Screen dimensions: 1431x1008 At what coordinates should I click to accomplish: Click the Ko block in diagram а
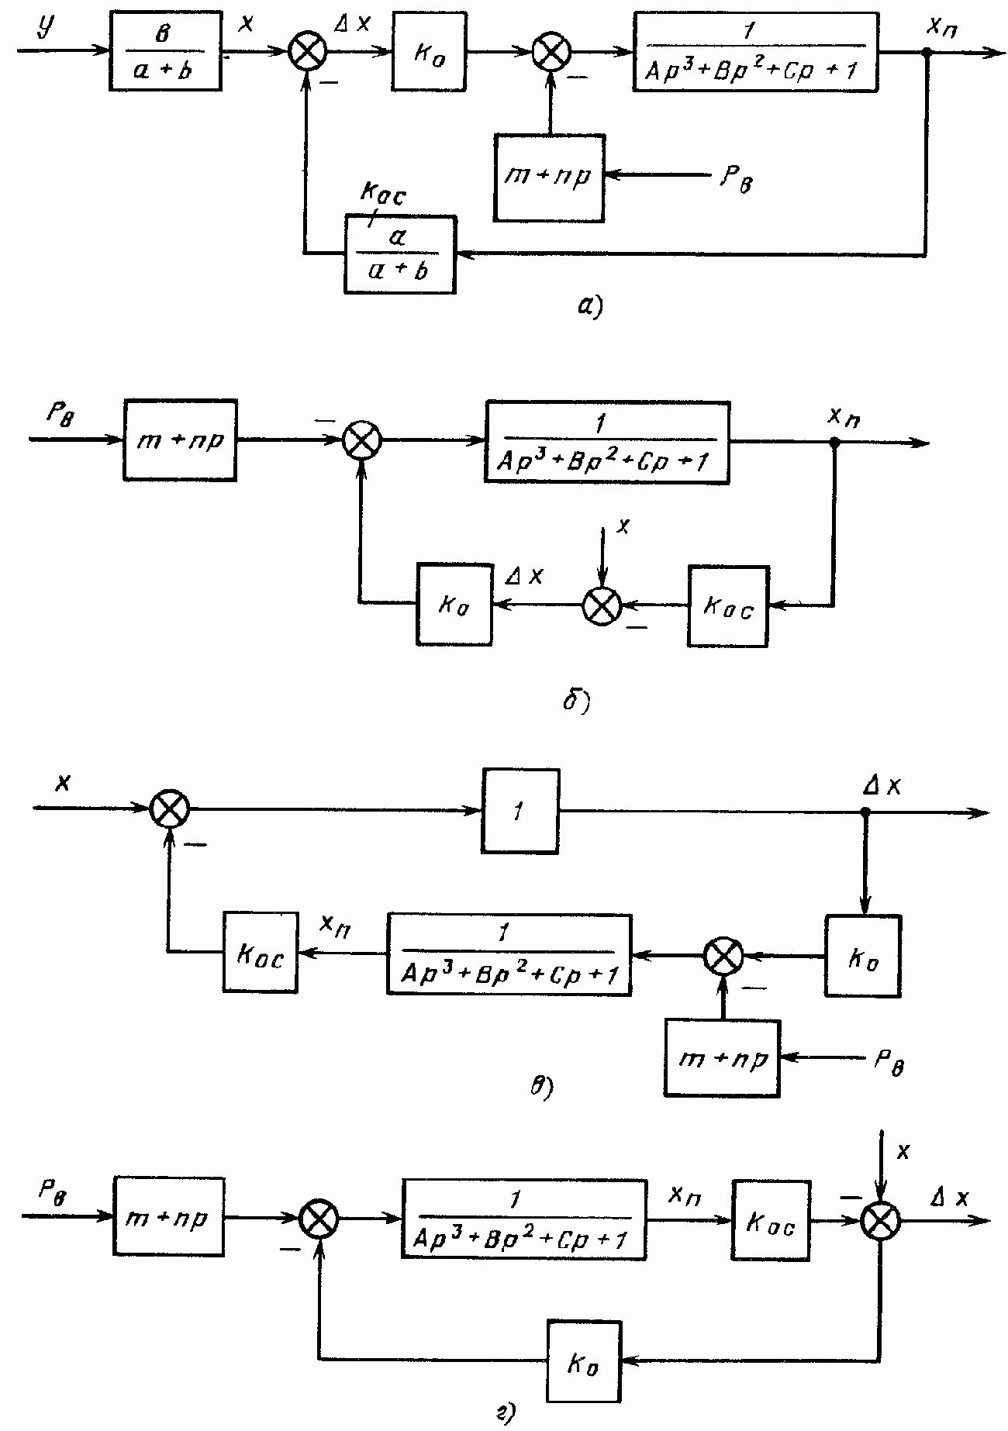tap(429, 51)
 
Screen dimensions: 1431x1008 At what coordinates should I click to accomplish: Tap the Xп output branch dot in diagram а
tap(924, 53)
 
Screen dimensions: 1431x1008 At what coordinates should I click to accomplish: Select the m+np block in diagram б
tap(179, 440)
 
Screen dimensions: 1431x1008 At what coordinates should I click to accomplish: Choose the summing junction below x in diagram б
tap(602, 605)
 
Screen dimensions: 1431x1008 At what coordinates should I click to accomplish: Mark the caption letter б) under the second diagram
tap(575, 704)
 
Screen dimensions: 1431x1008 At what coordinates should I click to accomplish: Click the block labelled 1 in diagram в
tap(520, 812)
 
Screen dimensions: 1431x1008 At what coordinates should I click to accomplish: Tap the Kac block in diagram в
tap(260, 951)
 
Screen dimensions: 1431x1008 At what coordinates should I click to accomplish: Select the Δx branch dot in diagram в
tap(865, 812)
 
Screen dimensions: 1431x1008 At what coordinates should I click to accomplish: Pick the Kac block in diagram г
tap(771, 1220)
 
